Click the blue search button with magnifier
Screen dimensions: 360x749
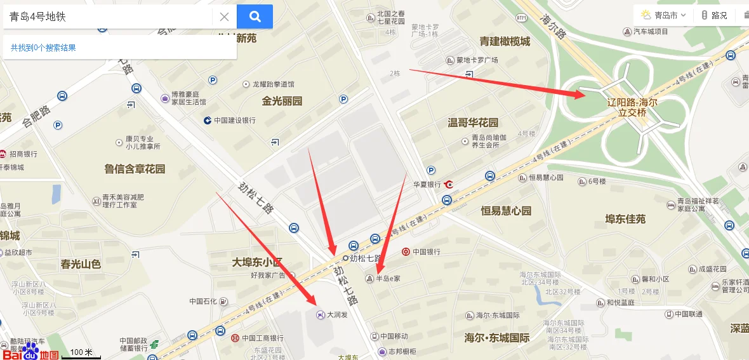tap(255, 17)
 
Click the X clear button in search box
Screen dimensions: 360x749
tap(224, 17)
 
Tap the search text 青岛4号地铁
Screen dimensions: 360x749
tap(38, 17)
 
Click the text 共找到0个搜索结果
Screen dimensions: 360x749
tap(43, 48)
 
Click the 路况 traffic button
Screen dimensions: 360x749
tap(714, 15)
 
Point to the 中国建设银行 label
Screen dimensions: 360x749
tap(234, 121)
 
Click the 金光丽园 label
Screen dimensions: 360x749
tap(282, 101)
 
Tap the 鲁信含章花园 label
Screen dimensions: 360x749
tap(135, 169)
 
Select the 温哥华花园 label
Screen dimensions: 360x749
tap(473, 123)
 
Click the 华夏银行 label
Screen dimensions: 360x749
tap(427, 185)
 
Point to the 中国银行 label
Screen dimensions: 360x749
tap(426, 251)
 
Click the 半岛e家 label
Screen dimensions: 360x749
tap(388, 278)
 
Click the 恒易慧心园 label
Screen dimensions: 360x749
tap(505, 210)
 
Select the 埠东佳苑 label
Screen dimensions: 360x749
tap(625, 219)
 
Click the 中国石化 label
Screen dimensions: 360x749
tap(204, 301)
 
